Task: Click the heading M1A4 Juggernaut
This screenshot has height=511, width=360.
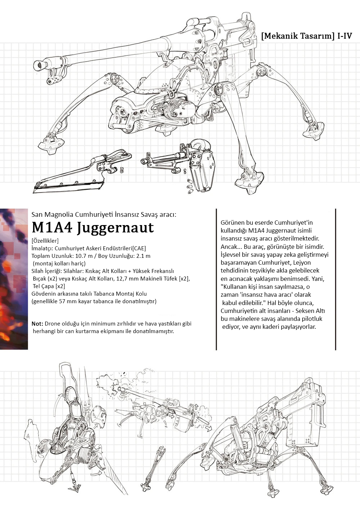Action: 93,228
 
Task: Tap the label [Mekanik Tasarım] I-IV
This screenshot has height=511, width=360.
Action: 307,36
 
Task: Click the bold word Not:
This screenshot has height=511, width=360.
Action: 37,324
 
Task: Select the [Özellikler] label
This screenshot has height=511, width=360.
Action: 45,241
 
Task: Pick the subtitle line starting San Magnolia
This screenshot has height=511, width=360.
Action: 104,215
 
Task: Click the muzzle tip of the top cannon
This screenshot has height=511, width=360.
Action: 37,66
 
